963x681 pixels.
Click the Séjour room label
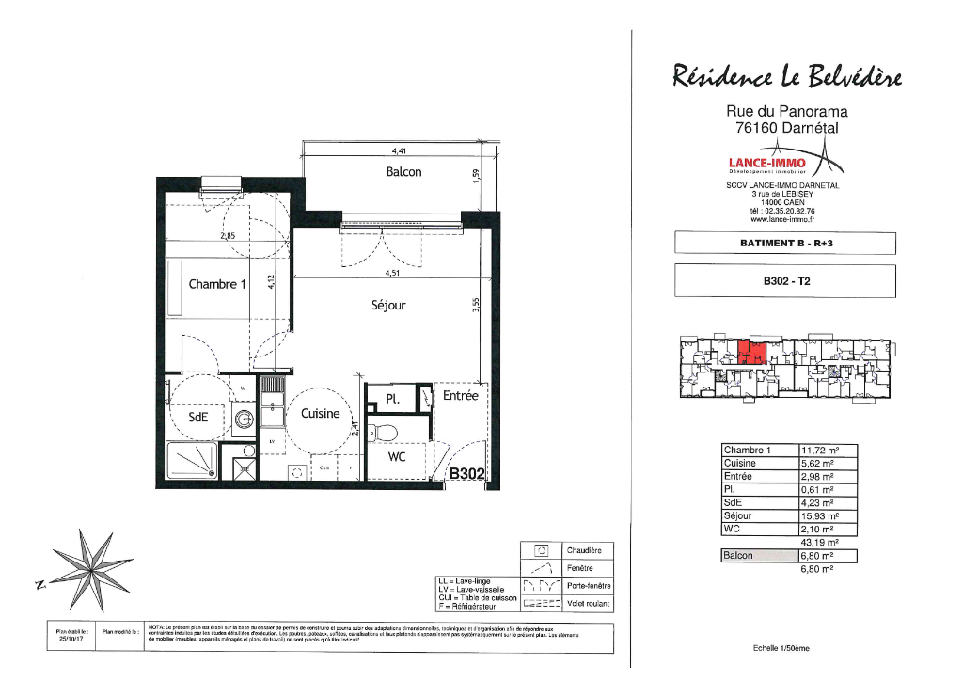click(388, 305)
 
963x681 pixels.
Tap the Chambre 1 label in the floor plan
click(216, 284)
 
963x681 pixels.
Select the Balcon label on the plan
click(403, 172)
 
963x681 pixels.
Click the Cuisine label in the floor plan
click(320, 414)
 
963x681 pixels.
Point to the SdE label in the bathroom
click(198, 420)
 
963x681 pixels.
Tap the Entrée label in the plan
click(461, 397)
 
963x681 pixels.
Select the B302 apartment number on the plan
click(468, 473)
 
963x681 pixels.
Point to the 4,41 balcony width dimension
click(400, 150)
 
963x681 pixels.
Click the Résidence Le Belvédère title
click(787, 74)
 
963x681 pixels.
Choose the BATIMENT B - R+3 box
click(785, 243)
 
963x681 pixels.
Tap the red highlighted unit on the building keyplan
click(750, 351)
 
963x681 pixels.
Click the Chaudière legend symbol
click(541, 550)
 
